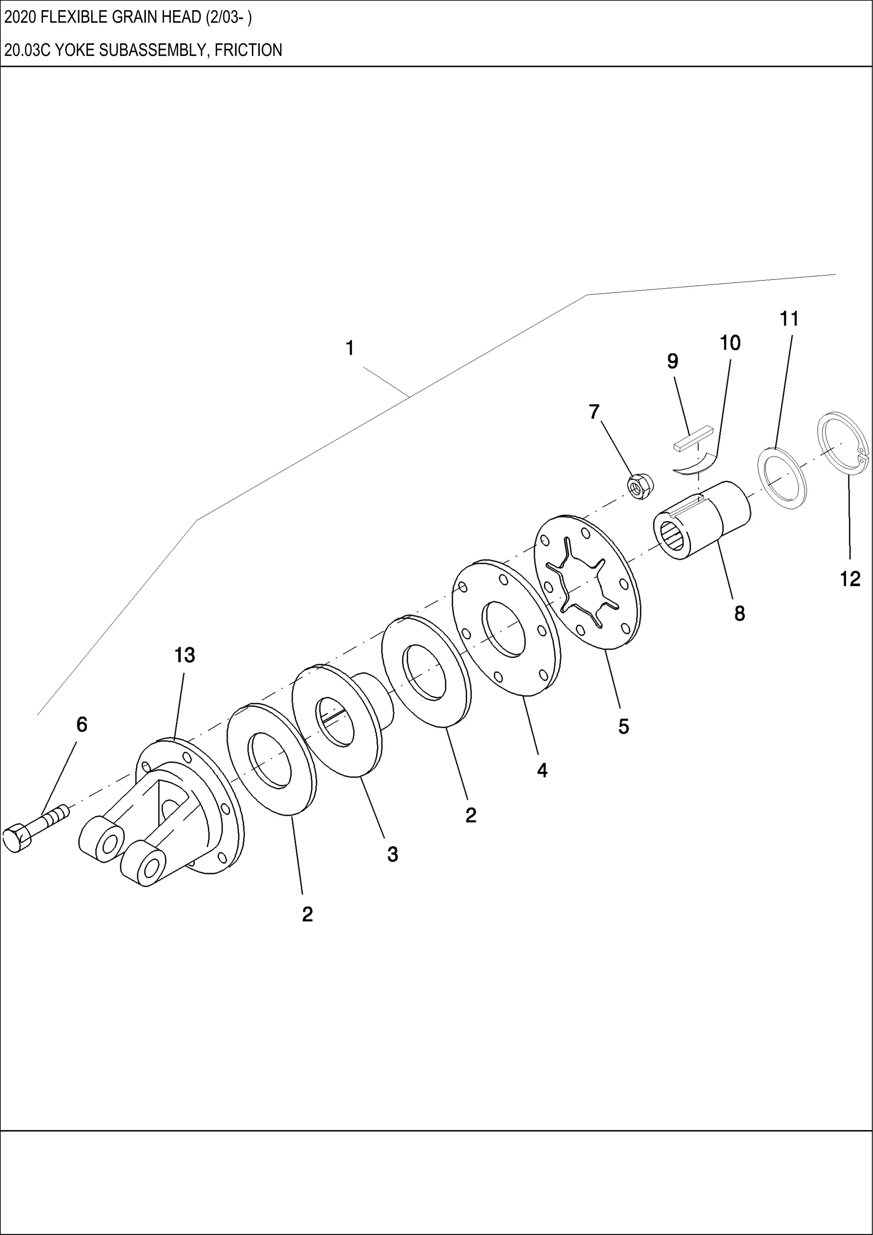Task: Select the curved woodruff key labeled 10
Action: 696,462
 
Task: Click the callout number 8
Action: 739,613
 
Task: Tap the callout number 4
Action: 542,770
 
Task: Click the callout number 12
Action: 850,579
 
